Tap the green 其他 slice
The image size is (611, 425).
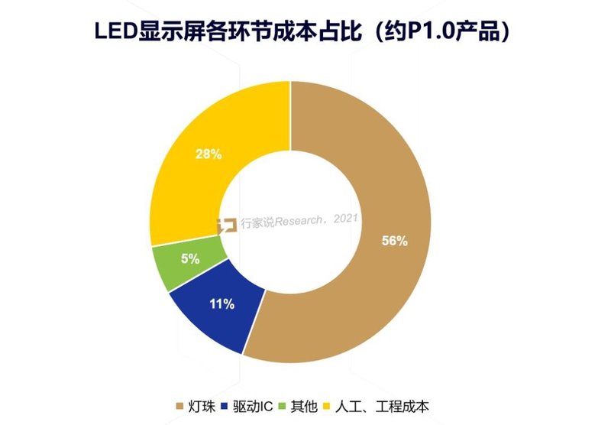(x=183, y=264)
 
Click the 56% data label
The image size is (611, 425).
(x=394, y=241)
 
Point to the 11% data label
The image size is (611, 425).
(x=221, y=304)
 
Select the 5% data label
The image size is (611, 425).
(x=190, y=259)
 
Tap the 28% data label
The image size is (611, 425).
(x=209, y=154)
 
